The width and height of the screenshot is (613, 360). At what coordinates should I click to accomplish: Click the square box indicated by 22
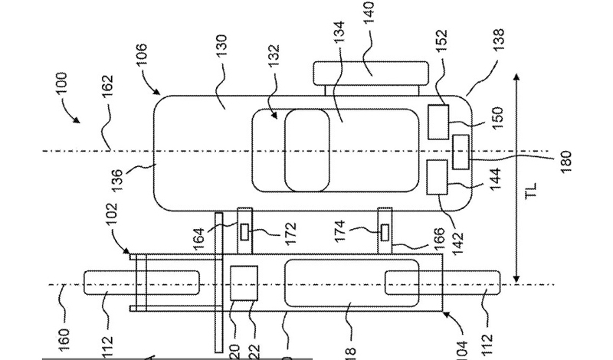tap(244, 283)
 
